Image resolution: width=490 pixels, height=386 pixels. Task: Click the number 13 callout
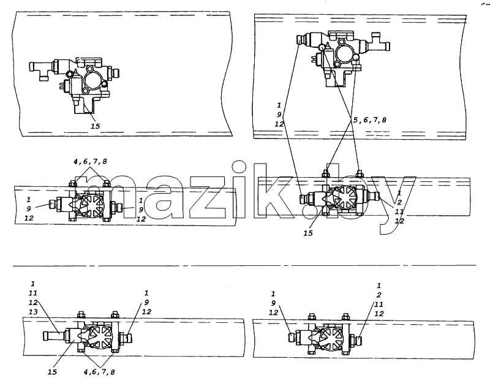pos(33,312)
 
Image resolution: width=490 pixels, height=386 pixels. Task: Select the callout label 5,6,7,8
pos(370,119)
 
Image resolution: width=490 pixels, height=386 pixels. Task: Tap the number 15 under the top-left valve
pos(96,126)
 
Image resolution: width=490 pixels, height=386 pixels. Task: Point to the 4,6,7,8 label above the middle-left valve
pos(90,161)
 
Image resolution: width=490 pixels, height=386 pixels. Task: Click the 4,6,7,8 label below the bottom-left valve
pos(99,372)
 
